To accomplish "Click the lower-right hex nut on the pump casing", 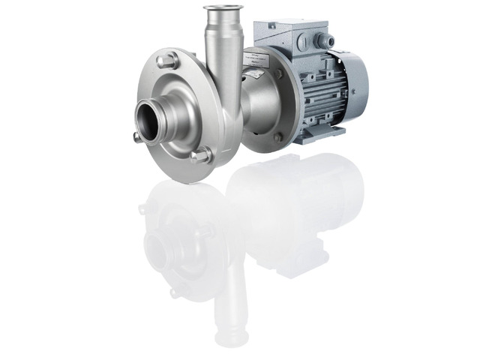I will pos(202,156).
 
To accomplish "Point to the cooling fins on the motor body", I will pos(315,94).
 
